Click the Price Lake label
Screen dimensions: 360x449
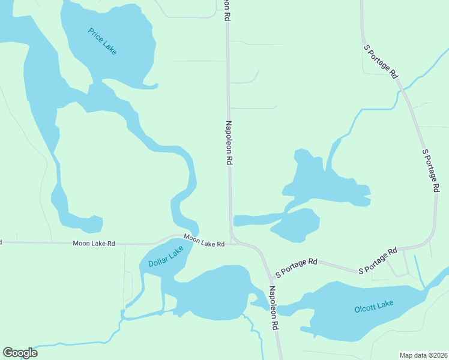(x=102, y=41)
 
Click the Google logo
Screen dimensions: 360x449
(x=20, y=353)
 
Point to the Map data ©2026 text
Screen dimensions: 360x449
(x=423, y=355)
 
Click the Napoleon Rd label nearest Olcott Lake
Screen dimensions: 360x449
(x=274, y=307)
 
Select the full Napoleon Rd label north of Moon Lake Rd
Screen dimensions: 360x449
(x=228, y=143)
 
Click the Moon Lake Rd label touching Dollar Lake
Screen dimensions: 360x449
(x=204, y=241)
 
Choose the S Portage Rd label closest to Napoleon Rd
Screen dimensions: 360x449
(x=296, y=268)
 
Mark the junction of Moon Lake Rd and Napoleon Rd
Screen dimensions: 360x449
(x=232, y=240)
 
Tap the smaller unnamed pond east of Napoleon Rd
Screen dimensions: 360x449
(x=297, y=225)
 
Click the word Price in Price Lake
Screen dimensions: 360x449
(x=95, y=35)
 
